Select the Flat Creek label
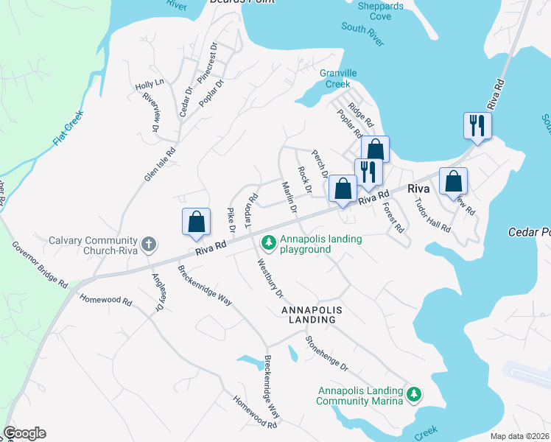point(69,127)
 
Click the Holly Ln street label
point(148,86)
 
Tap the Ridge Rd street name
point(361,114)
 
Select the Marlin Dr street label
point(289,198)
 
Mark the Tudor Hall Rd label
point(432,216)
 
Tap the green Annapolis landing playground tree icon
point(269,242)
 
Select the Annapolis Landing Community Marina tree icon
point(414,396)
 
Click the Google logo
point(24,433)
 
